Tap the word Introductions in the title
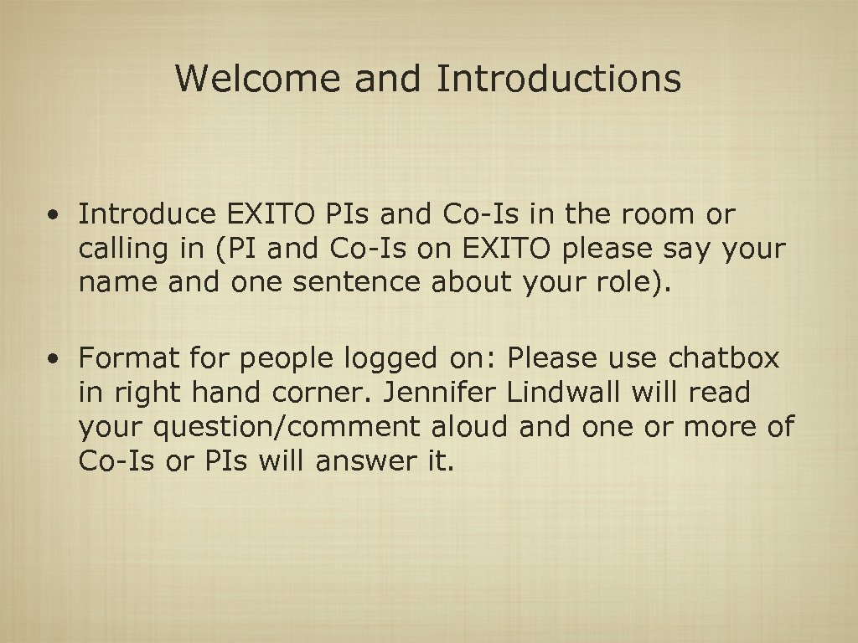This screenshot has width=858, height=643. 559,79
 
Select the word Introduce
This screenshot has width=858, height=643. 147,215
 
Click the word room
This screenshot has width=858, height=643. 661,215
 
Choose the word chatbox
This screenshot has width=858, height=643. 724,359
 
